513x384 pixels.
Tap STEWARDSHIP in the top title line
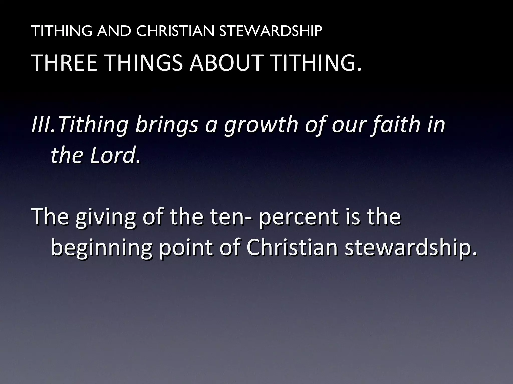271,31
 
